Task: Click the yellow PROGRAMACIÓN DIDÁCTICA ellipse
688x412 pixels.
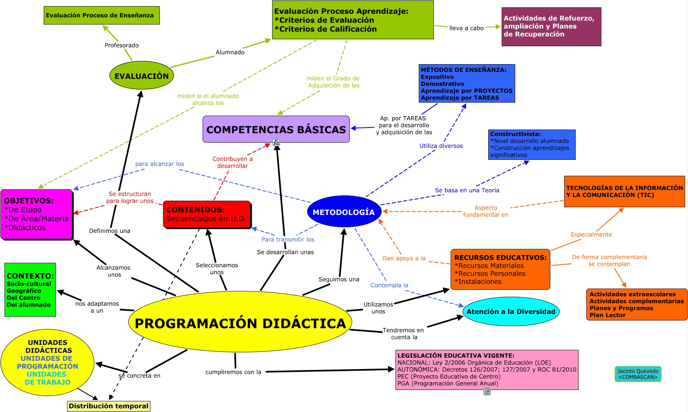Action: coord(240,322)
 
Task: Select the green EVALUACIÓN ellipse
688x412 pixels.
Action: coord(142,76)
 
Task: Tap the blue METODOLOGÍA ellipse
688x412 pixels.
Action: coord(344,212)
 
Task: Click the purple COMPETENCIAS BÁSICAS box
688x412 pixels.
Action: coord(276,129)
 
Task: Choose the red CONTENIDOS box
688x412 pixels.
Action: coord(207,214)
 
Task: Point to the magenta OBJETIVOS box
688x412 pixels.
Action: coord(36,214)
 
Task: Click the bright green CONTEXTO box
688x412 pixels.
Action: coord(30,289)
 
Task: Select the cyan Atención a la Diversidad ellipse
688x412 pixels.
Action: coord(511,311)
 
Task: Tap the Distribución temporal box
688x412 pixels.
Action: coord(109,406)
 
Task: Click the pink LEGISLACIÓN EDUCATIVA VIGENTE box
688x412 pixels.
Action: coord(487,369)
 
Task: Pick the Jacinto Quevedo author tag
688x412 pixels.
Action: coord(638,374)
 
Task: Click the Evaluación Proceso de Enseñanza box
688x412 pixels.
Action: coord(102,16)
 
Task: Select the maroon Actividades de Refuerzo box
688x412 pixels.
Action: coord(551,27)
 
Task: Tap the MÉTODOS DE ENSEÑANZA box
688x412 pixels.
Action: coord(467,83)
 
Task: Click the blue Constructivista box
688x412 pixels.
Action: coord(532,144)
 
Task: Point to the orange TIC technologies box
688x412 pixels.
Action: coord(624,191)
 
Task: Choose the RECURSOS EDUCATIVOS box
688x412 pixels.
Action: coord(500,269)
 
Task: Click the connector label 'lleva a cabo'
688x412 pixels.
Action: coord(467,28)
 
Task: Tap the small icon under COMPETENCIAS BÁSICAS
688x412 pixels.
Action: coord(277,143)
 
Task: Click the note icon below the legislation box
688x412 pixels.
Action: coord(487,392)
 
